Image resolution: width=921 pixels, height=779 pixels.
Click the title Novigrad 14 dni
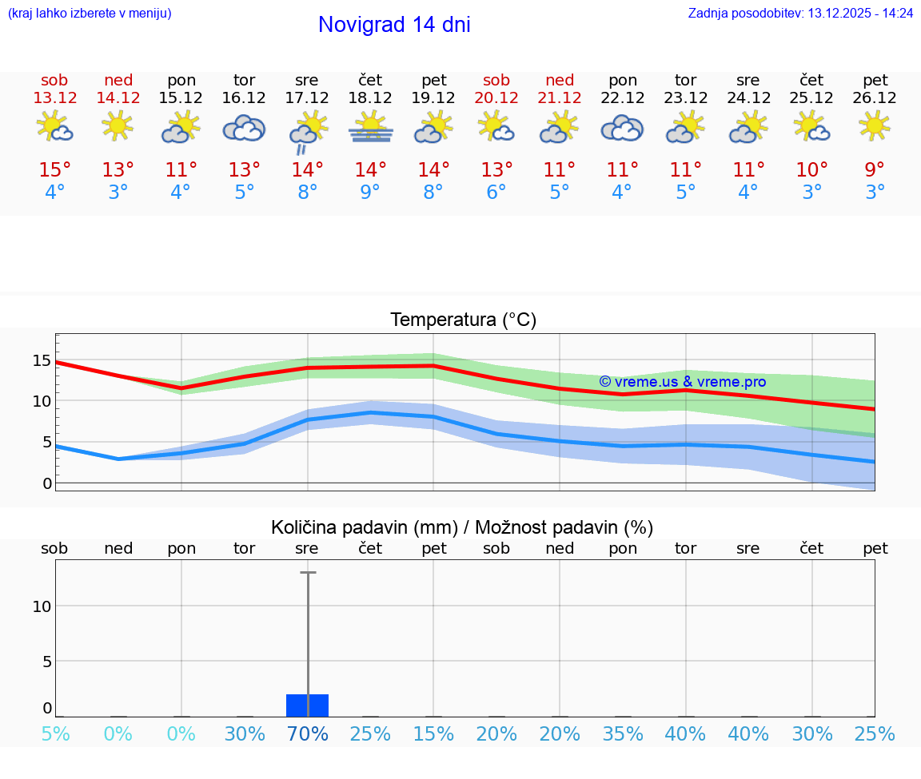[x=394, y=25]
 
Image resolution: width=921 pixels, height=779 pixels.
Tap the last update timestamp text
[x=800, y=14]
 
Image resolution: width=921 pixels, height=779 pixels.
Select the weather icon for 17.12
[x=307, y=131]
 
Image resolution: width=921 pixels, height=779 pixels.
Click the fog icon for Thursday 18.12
[x=370, y=128]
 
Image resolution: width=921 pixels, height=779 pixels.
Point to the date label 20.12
[x=496, y=98]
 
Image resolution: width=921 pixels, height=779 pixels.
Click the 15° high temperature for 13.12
[x=55, y=170]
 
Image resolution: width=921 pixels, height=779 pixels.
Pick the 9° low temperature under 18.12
[x=370, y=193]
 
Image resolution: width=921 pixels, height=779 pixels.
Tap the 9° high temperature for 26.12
[x=875, y=170]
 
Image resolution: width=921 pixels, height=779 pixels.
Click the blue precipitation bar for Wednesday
[x=307, y=705]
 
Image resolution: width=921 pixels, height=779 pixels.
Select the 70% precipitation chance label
[x=307, y=734]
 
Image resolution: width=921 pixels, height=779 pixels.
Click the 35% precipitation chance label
[x=623, y=734]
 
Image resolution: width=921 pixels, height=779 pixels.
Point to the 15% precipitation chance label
[x=433, y=734]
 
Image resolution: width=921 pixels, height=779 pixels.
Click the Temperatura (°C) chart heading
[x=464, y=320]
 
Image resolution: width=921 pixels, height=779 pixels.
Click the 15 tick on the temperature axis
[x=42, y=360]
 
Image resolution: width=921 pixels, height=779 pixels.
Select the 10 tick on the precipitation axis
[x=42, y=606]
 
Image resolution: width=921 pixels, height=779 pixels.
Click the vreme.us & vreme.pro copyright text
[x=682, y=382]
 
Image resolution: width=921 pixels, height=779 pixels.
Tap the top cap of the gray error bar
[x=308, y=573]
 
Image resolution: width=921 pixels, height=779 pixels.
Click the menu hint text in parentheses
[x=90, y=14]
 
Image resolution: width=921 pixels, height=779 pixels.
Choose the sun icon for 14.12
[x=118, y=126]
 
